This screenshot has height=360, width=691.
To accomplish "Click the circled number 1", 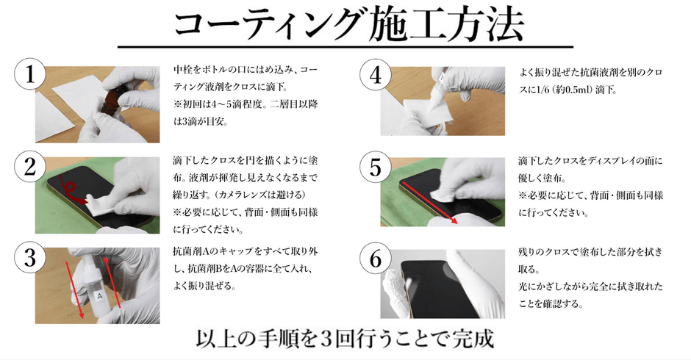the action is [x=30, y=74].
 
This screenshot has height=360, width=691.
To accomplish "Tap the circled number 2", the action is [x=30, y=167].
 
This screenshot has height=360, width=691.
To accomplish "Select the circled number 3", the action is [x=30, y=257].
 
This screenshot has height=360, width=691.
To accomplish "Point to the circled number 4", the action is [x=376, y=75].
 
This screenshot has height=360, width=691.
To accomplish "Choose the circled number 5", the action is [x=376, y=167].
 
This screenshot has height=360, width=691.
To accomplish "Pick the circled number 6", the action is [x=376, y=258].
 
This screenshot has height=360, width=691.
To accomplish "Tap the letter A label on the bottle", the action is [x=99, y=297].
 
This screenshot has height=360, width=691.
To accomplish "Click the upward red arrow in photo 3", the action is [x=112, y=284].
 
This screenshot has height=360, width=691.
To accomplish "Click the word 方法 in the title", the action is [x=484, y=25].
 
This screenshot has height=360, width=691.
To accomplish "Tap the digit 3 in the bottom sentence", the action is [x=325, y=339].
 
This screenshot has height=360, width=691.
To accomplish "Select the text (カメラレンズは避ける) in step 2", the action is [x=259, y=194].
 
